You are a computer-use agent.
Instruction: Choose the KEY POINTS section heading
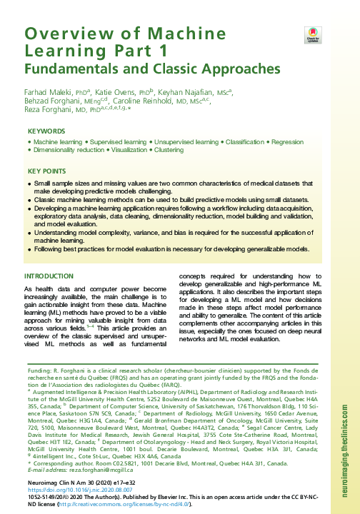click(x=46, y=172)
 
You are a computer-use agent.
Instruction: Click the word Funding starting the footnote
click(x=36, y=372)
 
